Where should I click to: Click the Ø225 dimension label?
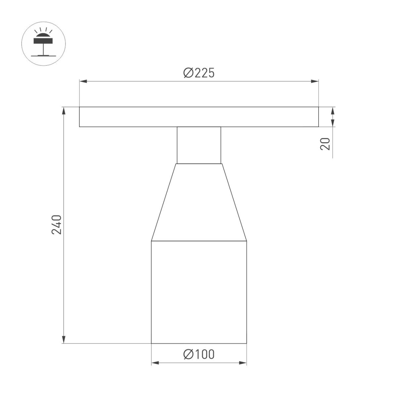click(x=199, y=73)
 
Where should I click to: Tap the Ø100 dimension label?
click(x=199, y=354)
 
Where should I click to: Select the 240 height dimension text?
click(x=57, y=225)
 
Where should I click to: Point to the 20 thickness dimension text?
click(x=326, y=144)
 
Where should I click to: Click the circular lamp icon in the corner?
click(x=43, y=44)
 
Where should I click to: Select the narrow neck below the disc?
click(x=198, y=145)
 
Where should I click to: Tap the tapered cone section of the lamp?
click(x=198, y=202)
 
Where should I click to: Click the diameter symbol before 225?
click(x=188, y=73)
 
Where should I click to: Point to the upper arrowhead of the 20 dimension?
click(x=333, y=110)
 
